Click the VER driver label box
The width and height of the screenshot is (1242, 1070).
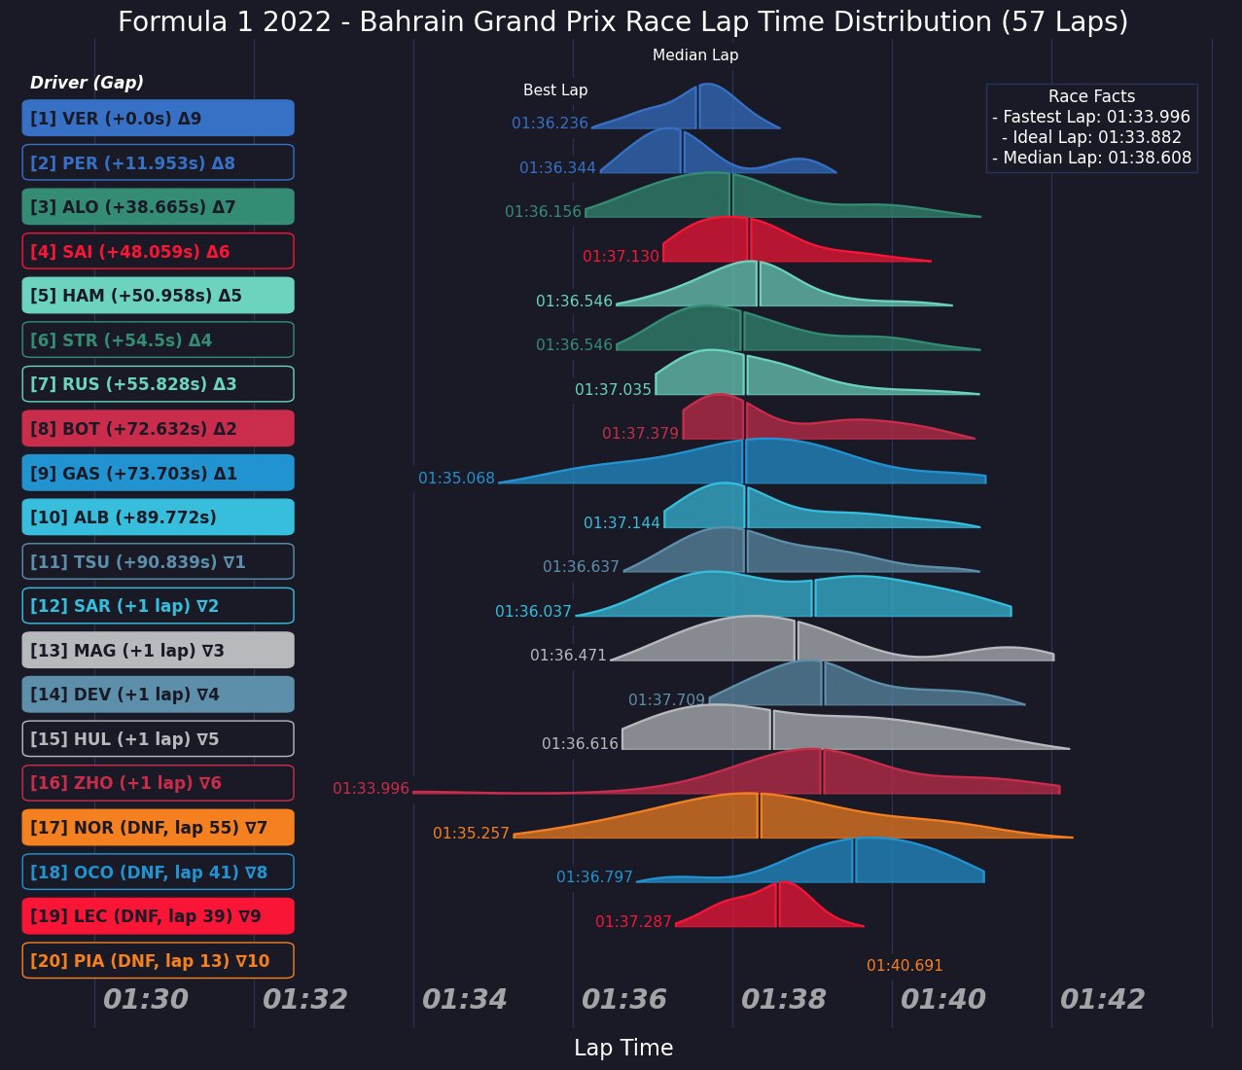point(158,118)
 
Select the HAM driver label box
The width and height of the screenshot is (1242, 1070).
point(158,296)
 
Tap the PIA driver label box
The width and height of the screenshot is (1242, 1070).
point(158,961)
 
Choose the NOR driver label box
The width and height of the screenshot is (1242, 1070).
point(158,828)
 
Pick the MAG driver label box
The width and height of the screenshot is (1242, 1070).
point(158,650)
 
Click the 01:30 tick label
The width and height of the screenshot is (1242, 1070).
point(146,999)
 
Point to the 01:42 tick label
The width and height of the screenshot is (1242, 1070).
point(1102,999)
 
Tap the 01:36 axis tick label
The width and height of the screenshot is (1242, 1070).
point(623,999)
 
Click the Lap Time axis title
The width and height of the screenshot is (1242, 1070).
point(623,1048)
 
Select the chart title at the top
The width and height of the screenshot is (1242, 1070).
point(622,22)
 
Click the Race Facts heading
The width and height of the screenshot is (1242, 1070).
point(1091,96)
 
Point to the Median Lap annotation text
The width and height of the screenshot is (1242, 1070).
point(695,55)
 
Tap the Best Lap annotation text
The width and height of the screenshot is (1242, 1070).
point(555,90)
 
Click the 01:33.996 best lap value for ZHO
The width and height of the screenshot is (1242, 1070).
point(371,789)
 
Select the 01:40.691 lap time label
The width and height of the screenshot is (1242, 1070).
point(905,966)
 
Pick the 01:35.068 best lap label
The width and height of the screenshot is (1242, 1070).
point(456,479)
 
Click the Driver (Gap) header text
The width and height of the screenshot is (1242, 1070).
point(87,83)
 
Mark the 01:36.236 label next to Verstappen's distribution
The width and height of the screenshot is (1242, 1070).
point(550,124)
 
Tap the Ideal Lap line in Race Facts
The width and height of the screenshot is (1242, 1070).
point(1091,137)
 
